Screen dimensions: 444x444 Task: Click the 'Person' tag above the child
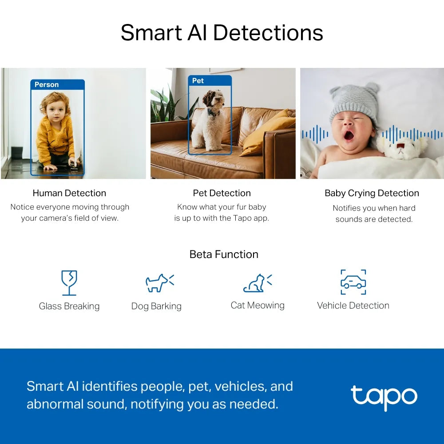pos(47,84)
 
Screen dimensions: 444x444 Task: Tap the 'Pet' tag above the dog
pos(198,80)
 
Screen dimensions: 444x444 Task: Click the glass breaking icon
pos(69,282)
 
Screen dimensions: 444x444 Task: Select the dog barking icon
pos(159,282)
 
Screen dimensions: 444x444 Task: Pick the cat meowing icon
pos(257,283)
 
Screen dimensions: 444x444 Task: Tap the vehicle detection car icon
pos(353,282)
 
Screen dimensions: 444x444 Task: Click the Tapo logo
pos(384,396)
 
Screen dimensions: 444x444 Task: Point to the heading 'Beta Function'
pos(224,254)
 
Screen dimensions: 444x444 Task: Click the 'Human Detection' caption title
pos(69,193)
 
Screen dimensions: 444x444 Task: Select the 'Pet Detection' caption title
pos(222,193)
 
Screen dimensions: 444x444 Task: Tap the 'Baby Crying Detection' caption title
pos(372,193)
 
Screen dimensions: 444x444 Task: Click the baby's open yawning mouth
pos(349,134)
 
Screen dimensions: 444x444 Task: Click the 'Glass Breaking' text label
pos(69,306)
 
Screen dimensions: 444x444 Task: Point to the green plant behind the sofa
pos(166,107)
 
